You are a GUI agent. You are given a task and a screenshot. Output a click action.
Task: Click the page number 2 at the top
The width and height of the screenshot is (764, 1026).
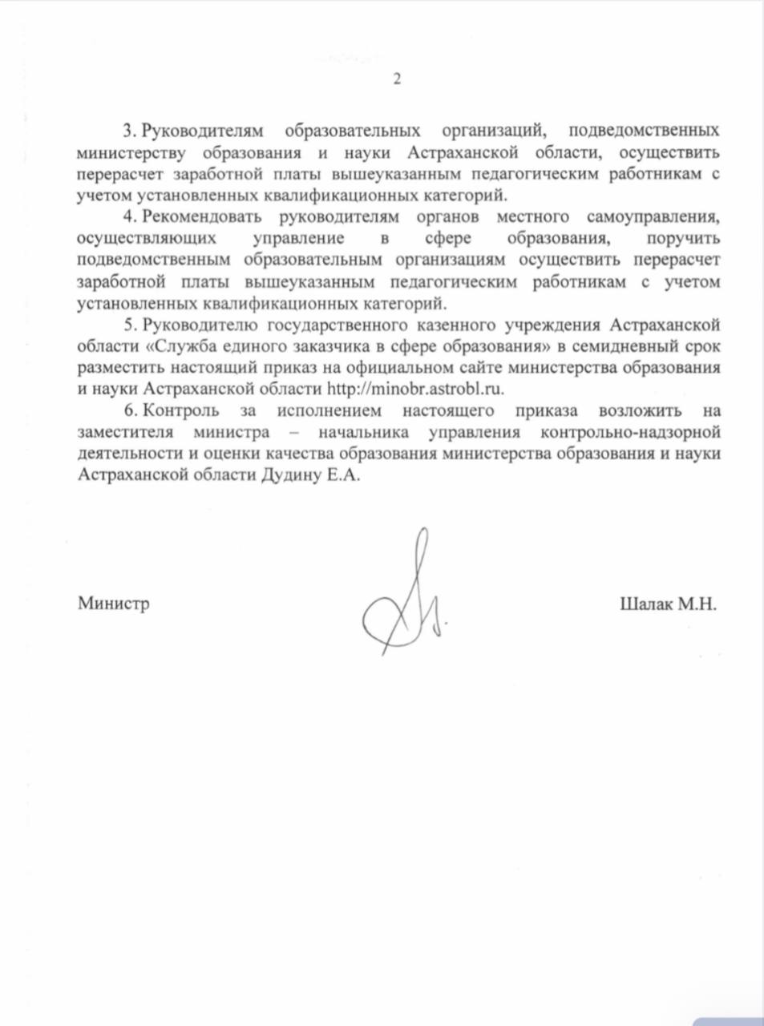click(395, 79)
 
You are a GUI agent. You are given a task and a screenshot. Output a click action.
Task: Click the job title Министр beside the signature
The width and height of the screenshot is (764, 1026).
click(113, 604)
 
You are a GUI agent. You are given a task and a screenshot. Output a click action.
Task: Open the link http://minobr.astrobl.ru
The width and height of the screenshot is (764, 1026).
click(419, 389)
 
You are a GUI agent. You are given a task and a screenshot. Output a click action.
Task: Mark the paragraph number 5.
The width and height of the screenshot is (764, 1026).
click(127, 324)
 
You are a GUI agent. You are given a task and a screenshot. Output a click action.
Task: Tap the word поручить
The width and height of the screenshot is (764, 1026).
click(682, 238)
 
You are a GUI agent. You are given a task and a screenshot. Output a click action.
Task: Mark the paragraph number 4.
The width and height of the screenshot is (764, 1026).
click(127, 216)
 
